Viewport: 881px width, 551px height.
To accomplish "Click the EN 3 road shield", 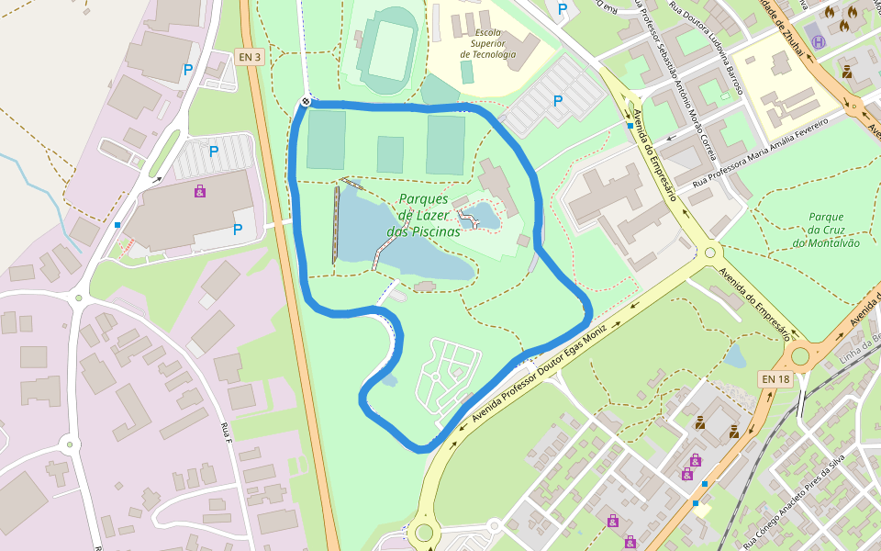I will point(250,57).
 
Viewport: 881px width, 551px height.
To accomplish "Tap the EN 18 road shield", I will point(775,378).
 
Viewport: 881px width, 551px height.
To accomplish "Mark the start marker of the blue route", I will point(306,102).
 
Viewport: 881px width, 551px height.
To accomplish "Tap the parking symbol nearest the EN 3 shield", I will point(188,69).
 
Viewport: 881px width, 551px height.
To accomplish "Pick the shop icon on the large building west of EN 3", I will point(200,191).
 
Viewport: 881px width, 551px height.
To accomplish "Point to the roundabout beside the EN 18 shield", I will point(801,354).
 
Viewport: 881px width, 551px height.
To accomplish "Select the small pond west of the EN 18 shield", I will point(735,355).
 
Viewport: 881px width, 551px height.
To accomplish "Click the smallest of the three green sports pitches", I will point(390,154).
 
